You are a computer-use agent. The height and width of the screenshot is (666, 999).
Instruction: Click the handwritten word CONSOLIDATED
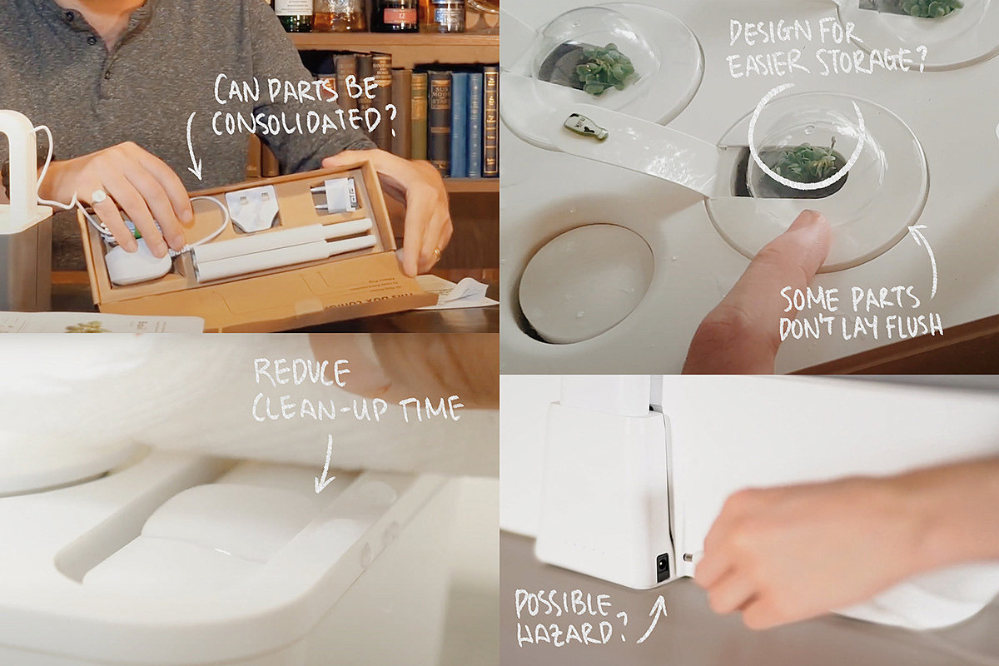click(x=304, y=122)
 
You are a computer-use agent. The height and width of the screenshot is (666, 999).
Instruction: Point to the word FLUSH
click(x=914, y=326)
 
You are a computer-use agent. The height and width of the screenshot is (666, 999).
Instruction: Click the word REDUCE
click(x=301, y=372)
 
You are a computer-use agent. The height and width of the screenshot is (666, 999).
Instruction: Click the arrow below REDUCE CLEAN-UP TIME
click(x=326, y=464)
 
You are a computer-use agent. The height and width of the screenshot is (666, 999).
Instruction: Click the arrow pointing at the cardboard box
click(x=193, y=147)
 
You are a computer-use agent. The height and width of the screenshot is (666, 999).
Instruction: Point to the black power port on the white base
click(x=664, y=567)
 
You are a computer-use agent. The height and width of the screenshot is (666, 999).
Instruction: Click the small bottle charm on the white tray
click(x=585, y=127)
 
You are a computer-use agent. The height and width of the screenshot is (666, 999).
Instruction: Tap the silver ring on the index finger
click(x=98, y=196)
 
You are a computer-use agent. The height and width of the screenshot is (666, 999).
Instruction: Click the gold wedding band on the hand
click(x=437, y=254)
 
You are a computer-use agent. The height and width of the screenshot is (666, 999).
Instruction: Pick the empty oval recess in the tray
click(x=585, y=283)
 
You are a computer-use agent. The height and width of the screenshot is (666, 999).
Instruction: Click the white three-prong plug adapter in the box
click(x=252, y=208)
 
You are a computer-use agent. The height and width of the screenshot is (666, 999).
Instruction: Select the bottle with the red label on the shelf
click(x=395, y=16)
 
